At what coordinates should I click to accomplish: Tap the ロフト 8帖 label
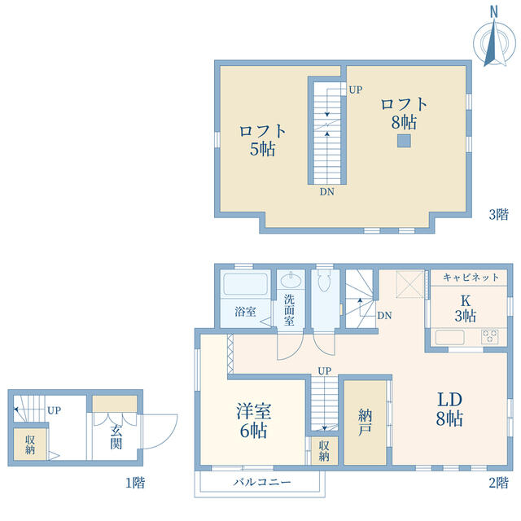coord(404,113)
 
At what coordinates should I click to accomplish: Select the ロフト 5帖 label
coord(262,140)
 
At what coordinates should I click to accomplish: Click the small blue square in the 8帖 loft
coord(404,141)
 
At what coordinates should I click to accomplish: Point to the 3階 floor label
coord(498,214)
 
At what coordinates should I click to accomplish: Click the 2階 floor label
coord(498,483)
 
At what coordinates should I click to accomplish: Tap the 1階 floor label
coord(135,483)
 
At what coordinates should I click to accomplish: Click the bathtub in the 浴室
coord(246,284)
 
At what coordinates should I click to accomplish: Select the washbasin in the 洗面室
coord(291,280)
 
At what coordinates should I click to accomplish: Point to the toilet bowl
coord(323,280)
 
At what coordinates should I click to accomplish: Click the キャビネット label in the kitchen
coord(471,277)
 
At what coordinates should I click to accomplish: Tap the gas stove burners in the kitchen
coord(489,336)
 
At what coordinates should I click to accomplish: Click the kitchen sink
coord(450,337)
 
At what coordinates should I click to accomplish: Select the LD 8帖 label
coord(449,409)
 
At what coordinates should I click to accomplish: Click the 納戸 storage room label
coord(365,422)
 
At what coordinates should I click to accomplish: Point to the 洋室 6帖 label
coord(253,421)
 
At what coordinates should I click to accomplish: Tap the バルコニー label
coord(262,482)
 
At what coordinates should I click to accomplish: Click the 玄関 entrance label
coord(116,436)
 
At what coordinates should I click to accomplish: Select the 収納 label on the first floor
coord(30,444)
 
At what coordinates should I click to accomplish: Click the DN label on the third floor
coord(327,192)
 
